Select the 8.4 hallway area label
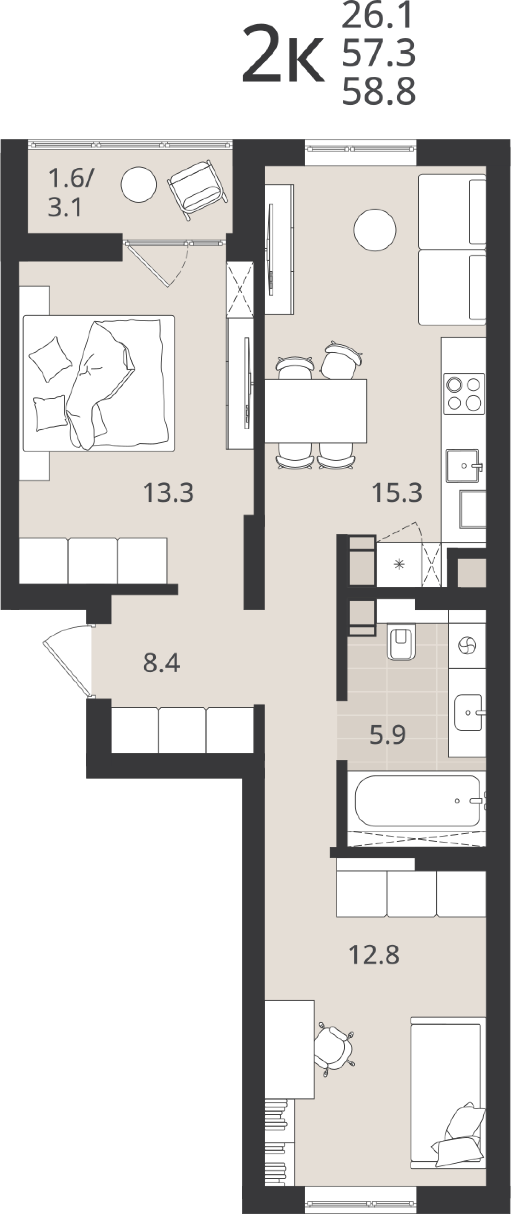coord(161,663)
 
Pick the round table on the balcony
coord(138,184)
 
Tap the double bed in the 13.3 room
coord(98,383)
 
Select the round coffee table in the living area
coord(375,230)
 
